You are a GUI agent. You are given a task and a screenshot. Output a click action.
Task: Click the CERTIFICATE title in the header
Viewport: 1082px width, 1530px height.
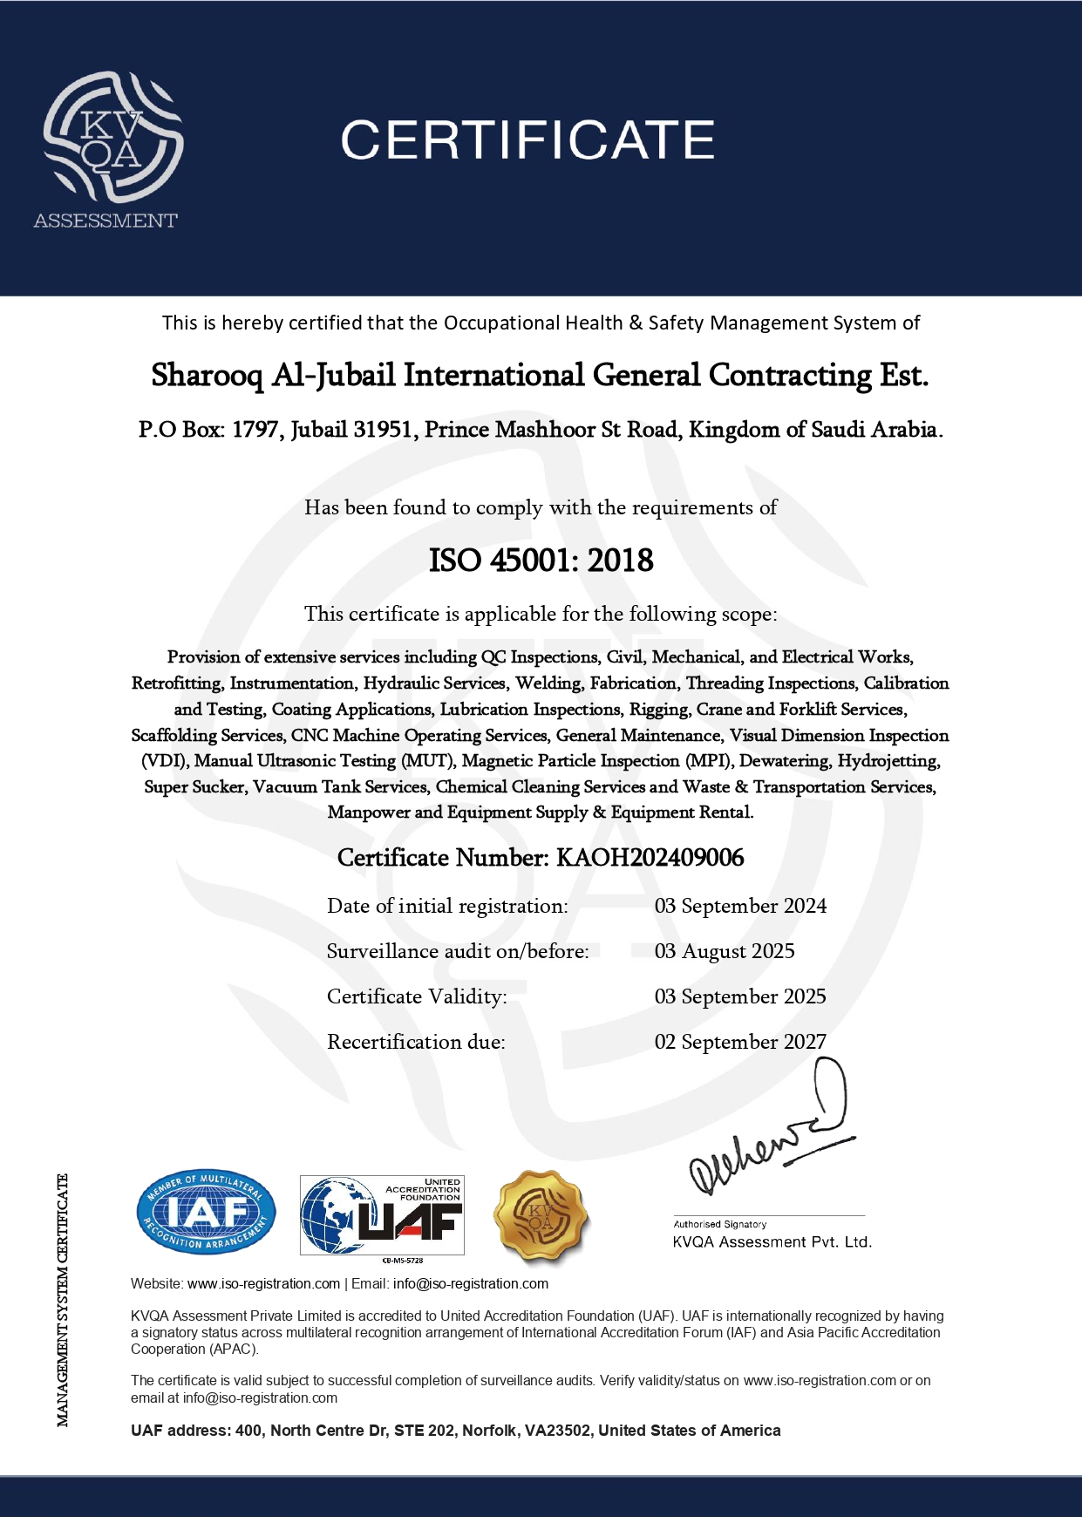tap(527, 140)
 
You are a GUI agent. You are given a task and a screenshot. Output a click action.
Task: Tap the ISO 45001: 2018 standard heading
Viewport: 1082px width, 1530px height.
tap(541, 561)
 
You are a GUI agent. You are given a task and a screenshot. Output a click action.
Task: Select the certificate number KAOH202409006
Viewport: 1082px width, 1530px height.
tap(650, 858)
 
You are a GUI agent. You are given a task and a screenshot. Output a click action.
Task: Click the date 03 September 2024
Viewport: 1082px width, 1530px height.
tap(740, 907)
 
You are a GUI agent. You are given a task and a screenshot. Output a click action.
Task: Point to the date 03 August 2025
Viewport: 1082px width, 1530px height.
tap(725, 952)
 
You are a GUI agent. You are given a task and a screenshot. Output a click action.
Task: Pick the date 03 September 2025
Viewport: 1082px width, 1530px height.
tap(740, 997)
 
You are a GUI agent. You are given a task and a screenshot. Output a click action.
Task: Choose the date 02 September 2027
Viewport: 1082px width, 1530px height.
tap(740, 1043)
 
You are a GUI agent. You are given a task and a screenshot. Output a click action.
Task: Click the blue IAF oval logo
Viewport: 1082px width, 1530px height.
tap(206, 1213)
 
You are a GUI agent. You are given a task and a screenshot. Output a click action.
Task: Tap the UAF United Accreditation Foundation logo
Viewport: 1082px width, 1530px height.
tap(382, 1215)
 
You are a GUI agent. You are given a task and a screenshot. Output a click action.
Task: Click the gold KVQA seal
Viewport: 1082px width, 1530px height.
tap(541, 1215)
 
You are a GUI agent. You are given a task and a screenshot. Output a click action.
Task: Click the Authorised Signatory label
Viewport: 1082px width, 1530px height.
tap(719, 1224)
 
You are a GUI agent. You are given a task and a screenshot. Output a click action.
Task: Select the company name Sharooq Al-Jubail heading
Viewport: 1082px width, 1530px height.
tap(540, 376)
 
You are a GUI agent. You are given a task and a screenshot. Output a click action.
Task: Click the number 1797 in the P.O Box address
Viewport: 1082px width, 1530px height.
tap(255, 431)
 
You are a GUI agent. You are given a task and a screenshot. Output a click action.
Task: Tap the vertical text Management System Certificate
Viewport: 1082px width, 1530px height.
tap(63, 1300)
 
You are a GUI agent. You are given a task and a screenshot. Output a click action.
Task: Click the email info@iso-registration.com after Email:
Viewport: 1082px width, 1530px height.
tap(471, 1284)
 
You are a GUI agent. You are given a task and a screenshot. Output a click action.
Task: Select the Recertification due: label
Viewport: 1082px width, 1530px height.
tap(416, 1043)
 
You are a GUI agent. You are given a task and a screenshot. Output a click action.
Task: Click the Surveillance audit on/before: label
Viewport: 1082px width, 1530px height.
tap(458, 952)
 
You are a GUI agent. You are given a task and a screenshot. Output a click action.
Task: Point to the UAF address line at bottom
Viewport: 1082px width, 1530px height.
tap(455, 1431)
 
